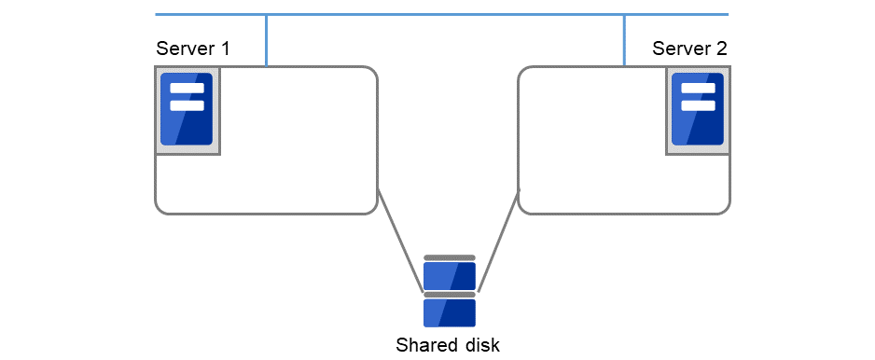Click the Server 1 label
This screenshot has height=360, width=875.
click(192, 48)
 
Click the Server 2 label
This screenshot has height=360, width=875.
click(689, 48)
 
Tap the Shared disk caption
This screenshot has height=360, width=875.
click(448, 345)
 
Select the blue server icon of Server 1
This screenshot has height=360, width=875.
click(187, 109)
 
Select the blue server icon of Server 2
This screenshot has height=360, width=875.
click(698, 109)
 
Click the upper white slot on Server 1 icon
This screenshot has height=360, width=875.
click(187, 89)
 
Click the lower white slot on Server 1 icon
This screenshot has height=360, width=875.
click(187, 105)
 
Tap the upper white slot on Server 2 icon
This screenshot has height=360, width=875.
click(698, 89)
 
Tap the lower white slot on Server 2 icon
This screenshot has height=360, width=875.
click(698, 105)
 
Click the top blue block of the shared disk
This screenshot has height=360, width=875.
click(450, 276)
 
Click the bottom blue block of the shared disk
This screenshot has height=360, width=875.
click(450, 312)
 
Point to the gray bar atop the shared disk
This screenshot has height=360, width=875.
click(450, 257)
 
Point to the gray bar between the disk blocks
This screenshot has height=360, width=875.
click(450, 295)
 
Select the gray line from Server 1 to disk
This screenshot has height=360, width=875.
click(399, 238)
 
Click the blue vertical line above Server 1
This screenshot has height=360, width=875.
click(267, 40)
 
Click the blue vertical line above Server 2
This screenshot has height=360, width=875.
click(624, 40)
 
